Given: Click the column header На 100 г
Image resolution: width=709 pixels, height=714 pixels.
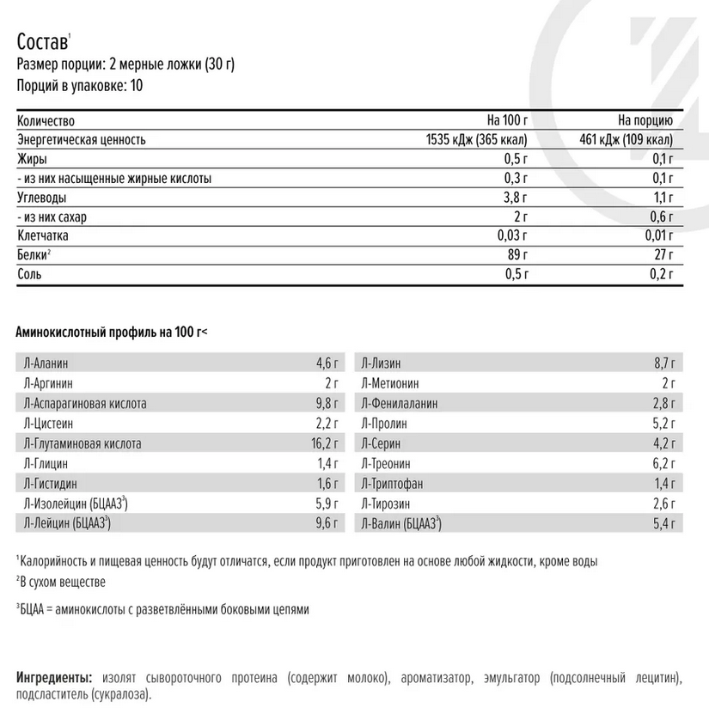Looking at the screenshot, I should [506, 121].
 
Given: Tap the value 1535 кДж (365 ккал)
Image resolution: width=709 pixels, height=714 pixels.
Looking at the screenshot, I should [477, 140].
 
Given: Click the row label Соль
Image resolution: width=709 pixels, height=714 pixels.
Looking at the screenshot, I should [29, 274].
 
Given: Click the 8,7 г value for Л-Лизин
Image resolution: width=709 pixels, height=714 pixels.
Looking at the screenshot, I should [669, 363].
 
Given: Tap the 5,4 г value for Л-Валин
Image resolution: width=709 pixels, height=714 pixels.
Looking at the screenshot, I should [669, 524].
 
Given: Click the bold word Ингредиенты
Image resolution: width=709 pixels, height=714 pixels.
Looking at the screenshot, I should [54, 678].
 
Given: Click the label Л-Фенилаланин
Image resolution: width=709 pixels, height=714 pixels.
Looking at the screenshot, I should [400, 404].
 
